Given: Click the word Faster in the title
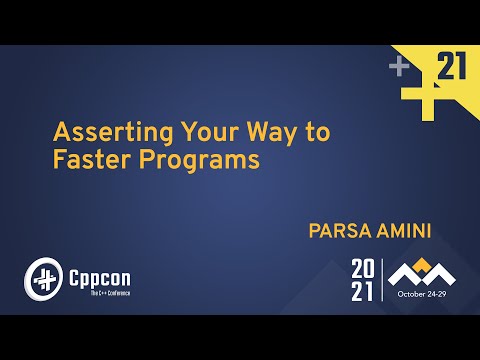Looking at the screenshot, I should coord(86,160).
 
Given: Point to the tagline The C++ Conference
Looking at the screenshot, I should coord(104,291).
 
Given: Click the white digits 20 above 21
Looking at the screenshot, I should coord(365,268).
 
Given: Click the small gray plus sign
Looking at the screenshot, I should coord(400,66).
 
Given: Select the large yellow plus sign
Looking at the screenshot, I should coord(421,84).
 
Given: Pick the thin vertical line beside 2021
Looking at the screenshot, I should coord(383,280).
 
